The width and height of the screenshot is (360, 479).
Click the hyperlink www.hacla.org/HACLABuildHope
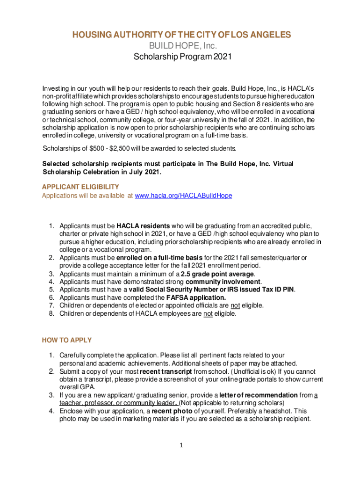(x=183, y=196)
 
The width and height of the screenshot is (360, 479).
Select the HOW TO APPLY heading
(x=67, y=340)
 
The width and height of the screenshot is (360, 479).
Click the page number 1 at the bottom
(x=180, y=444)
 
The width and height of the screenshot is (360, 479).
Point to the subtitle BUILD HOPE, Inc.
(x=180, y=46)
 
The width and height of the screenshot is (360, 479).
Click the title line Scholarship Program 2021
(x=180, y=58)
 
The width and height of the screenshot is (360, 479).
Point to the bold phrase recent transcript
(x=160, y=371)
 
